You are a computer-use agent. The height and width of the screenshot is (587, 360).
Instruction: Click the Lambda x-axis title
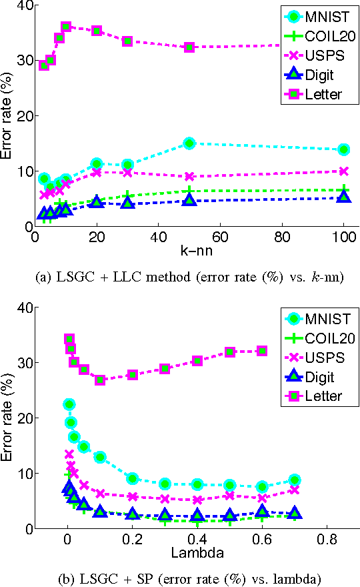[x=197, y=553]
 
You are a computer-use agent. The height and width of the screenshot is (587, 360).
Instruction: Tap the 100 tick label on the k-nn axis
[x=344, y=237]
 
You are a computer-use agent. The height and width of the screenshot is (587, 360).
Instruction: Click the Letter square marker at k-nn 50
[x=189, y=47]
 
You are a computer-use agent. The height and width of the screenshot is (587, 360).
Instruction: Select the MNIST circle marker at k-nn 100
[x=344, y=149]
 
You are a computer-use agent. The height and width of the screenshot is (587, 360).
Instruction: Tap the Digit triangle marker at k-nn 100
[x=344, y=196]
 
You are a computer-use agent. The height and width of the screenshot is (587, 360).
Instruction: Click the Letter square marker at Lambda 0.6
[x=262, y=350]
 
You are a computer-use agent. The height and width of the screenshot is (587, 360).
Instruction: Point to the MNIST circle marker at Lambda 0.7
[x=294, y=480]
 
